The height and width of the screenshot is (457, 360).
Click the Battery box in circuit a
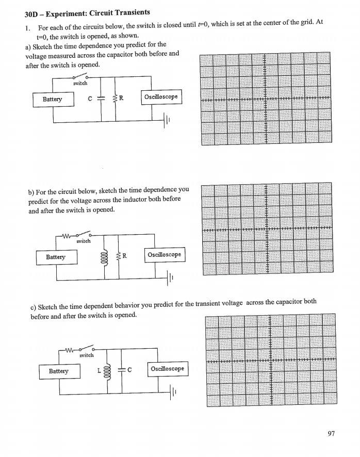53,99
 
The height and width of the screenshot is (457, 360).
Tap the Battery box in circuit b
56,256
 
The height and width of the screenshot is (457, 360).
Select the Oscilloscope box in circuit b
164,255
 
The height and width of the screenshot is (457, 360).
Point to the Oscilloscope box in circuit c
167,369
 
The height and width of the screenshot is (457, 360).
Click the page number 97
331,434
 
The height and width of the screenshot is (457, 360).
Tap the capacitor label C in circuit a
90,99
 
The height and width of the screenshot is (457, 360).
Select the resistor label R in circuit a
121,98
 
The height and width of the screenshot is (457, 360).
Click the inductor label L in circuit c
98,370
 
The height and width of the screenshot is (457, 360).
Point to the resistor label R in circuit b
125,256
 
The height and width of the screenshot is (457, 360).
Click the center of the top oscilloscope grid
265,99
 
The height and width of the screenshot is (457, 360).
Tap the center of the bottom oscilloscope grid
270,360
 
